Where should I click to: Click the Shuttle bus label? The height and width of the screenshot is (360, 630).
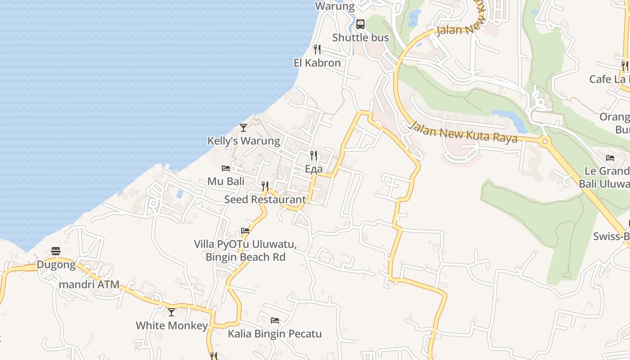360,37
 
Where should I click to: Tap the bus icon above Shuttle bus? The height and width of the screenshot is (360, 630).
360,24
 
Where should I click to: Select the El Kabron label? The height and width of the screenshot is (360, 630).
317,63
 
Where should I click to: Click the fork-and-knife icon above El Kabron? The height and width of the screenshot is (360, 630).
317,49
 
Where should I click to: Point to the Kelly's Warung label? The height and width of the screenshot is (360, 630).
243,141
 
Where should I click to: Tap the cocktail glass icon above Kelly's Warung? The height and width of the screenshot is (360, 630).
243,128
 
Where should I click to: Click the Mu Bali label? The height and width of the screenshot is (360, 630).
226,181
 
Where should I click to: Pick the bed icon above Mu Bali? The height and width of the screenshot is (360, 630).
226,168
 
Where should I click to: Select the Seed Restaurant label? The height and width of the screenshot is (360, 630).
265,199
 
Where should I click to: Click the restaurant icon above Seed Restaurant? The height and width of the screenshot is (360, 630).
265,186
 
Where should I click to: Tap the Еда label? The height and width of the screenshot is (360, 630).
314,169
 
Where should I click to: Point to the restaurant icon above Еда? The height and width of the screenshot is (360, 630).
314,156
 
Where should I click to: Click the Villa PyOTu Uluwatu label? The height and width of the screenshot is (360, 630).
245,244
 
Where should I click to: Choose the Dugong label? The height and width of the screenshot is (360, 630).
56,265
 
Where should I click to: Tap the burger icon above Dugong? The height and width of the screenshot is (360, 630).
56,251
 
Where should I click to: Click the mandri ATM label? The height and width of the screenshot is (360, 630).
89,284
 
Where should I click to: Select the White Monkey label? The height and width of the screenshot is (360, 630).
172,325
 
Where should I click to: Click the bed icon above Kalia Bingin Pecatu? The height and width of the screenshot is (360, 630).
275,320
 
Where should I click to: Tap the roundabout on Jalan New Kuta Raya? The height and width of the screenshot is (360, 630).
545,141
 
